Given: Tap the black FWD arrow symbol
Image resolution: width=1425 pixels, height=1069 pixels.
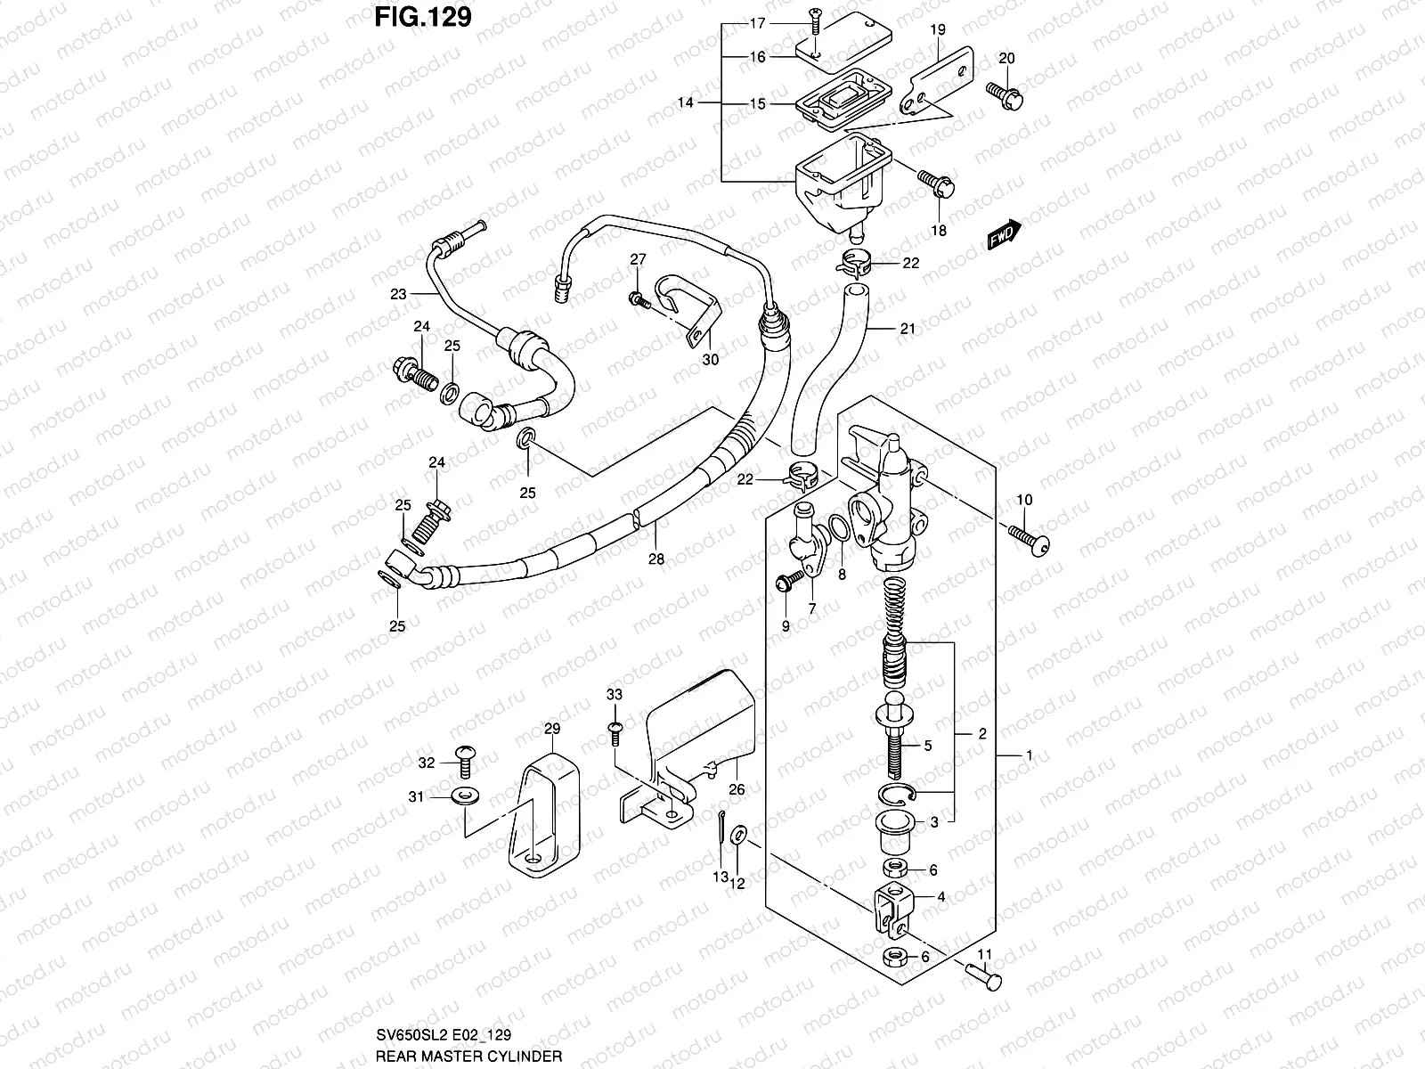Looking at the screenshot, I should pyautogui.click(x=1005, y=235).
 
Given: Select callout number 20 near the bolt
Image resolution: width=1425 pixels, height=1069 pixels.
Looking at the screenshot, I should pyautogui.click(x=1006, y=58).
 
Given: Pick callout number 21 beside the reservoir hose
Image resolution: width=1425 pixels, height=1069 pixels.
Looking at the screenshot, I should pyautogui.click(x=907, y=329).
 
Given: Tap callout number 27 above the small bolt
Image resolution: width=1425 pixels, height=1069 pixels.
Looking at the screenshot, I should pyautogui.click(x=638, y=259).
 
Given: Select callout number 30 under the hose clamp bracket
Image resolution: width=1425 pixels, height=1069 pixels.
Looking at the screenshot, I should pyautogui.click(x=710, y=360).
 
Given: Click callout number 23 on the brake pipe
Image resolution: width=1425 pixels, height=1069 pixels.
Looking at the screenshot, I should pyautogui.click(x=397, y=294).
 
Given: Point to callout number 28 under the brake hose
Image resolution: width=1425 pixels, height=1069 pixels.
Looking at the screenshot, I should pyautogui.click(x=656, y=559).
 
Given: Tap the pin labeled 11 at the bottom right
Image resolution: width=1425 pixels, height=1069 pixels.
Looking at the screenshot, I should pyautogui.click(x=984, y=977).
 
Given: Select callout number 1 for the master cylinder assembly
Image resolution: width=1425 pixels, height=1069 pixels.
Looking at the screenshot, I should pyautogui.click(x=1029, y=755).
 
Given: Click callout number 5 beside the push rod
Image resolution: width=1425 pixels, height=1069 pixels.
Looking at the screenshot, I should pyautogui.click(x=927, y=746).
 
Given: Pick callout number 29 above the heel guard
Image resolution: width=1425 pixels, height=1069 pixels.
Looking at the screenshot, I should pyautogui.click(x=551, y=730).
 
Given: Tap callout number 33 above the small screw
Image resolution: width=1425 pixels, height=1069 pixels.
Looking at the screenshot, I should pyautogui.click(x=615, y=695).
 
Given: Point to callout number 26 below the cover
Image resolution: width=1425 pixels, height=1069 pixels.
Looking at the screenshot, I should pyautogui.click(x=737, y=788).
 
